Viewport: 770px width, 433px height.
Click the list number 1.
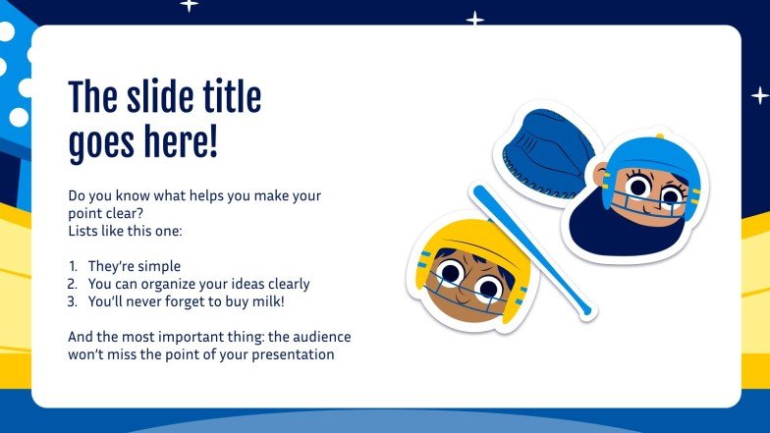pos(73,266)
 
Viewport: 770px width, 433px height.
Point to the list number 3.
pos(73,301)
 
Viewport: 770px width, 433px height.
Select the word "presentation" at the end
pos(295,354)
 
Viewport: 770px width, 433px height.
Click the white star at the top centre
pos(475,19)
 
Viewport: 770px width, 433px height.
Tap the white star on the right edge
pos(759,95)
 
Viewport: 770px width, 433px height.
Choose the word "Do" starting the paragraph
pos(78,195)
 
